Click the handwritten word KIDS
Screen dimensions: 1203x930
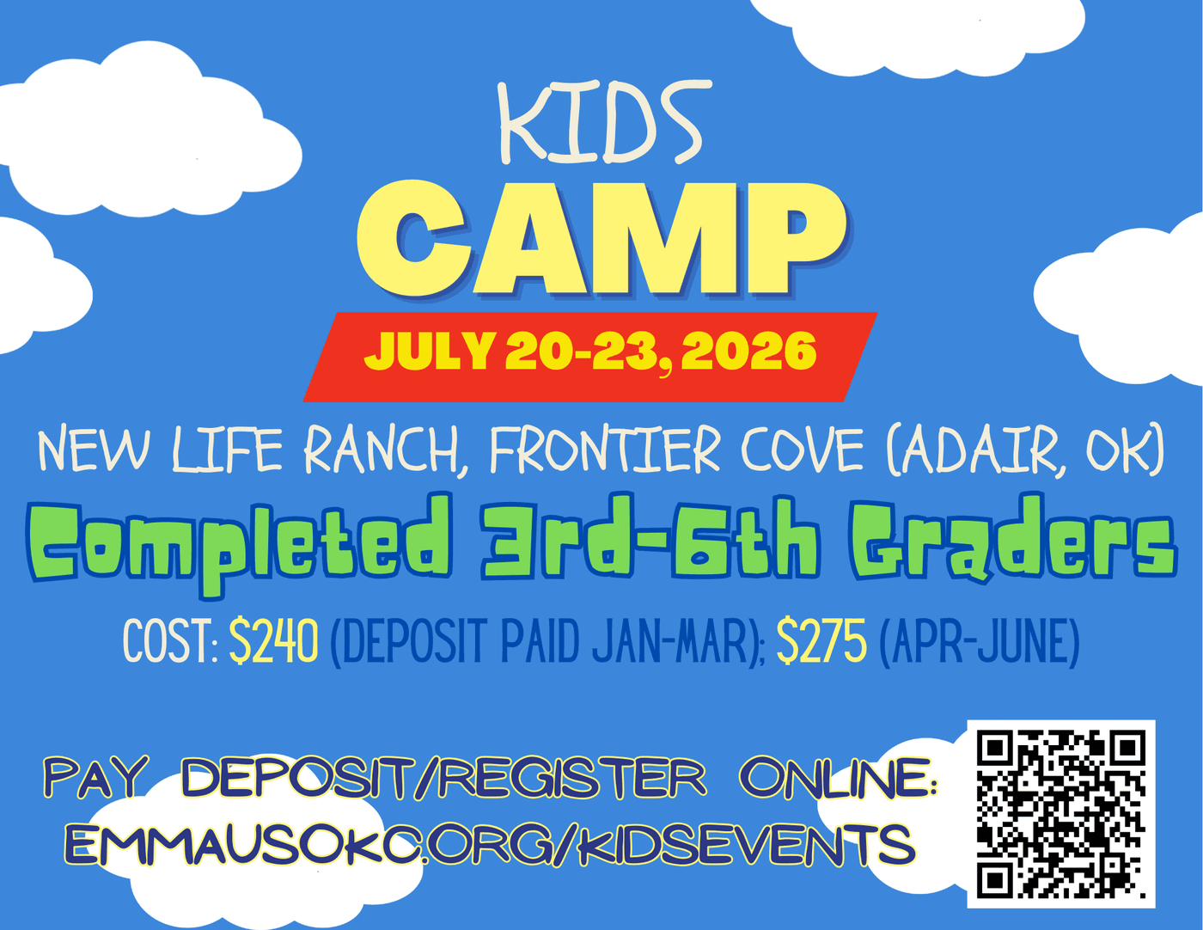pos(600,122)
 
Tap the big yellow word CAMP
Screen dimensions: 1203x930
pos(603,240)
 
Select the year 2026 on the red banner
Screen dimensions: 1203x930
pos(748,351)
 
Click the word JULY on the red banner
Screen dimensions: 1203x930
pos(428,351)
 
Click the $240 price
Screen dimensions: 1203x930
pos(273,641)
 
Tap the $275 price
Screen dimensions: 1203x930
pos(821,641)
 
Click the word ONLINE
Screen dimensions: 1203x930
pos(838,779)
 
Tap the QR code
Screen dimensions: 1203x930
pos(1060,814)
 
